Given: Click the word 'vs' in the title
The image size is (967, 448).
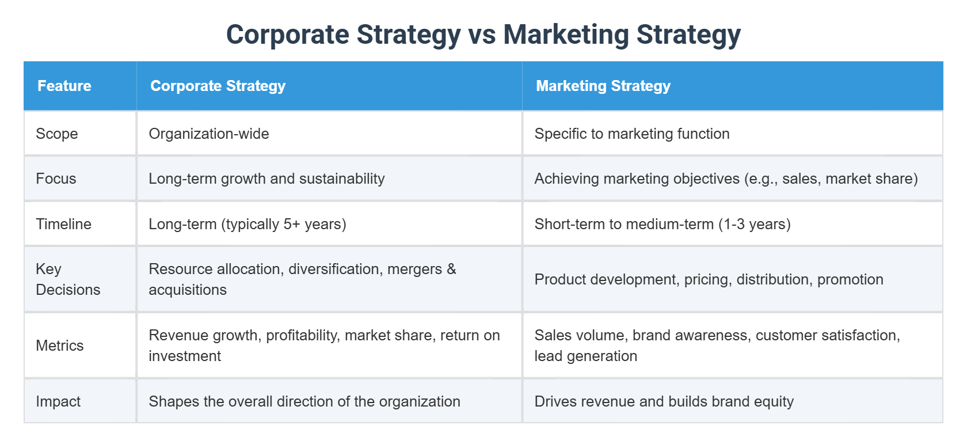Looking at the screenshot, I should click(x=482, y=35).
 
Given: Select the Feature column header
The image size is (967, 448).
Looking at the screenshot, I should click(x=64, y=86).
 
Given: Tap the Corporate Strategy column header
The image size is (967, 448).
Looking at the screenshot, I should click(x=218, y=86).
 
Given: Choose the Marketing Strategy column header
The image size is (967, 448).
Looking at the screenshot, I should click(x=603, y=86).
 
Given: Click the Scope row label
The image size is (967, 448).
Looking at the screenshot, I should click(x=57, y=134).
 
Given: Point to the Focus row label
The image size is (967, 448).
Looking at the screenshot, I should click(x=56, y=179).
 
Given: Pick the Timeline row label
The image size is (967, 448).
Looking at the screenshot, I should click(x=63, y=224).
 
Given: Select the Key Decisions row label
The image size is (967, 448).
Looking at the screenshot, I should click(x=67, y=279).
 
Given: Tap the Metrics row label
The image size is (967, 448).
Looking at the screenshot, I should click(x=60, y=346).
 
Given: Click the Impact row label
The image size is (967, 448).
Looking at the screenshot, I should click(x=58, y=401).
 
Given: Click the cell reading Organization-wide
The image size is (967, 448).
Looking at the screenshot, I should click(x=209, y=134).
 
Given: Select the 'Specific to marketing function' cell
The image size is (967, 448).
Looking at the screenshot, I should click(x=632, y=134).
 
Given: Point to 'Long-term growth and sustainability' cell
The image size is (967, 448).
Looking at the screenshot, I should click(x=267, y=179).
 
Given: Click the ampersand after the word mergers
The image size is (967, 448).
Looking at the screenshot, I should click(x=451, y=269).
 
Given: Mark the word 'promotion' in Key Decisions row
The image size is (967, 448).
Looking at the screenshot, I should click(x=850, y=279).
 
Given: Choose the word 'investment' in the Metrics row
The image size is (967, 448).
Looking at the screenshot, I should click(x=185, y=356).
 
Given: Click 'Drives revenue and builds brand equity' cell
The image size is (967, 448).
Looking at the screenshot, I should click(x=664, y=401).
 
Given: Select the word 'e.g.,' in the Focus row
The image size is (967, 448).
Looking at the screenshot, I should click(x=761, y=179).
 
